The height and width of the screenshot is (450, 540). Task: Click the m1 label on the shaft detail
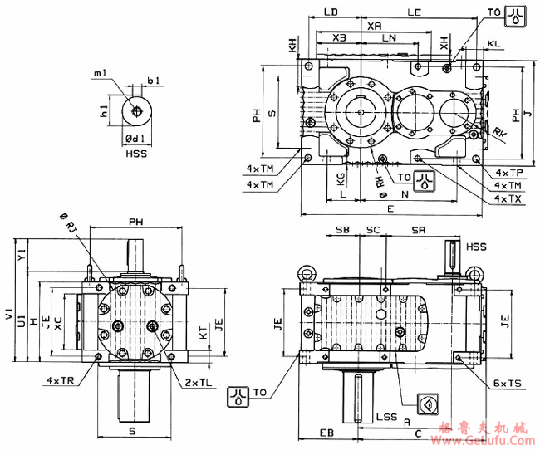point(100,74)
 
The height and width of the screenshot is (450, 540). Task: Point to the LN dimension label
point(388,39)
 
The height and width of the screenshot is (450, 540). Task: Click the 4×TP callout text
point(508,172)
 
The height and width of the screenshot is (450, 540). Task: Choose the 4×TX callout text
point(508,199)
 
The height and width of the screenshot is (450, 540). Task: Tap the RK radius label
point(498,132)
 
